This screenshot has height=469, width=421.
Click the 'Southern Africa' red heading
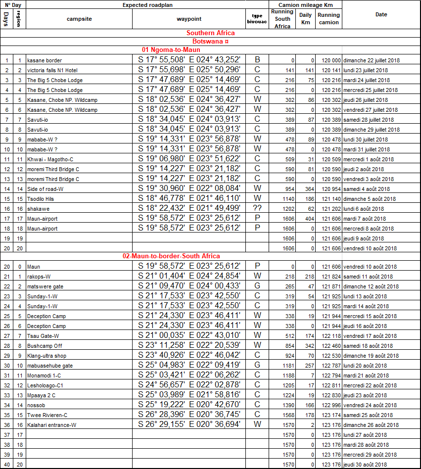[210, 33]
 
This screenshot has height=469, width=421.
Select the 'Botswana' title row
[210, 42]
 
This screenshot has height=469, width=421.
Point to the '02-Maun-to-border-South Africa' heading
[171, 256]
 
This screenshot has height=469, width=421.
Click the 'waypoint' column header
[189, 19]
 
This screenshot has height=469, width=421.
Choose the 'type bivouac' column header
[257, 19]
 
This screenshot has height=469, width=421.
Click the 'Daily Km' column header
[306, 19]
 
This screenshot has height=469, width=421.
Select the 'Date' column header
[381, 15]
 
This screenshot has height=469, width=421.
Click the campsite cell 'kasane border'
[45, 60]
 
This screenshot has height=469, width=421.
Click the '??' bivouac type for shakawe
[257, 209]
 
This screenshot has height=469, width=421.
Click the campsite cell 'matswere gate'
[46, 286]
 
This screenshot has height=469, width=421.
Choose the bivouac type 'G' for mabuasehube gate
[257, 366]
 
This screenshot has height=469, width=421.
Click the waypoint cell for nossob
[189, 405]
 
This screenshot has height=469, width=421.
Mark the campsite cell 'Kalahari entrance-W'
[51, 425]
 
